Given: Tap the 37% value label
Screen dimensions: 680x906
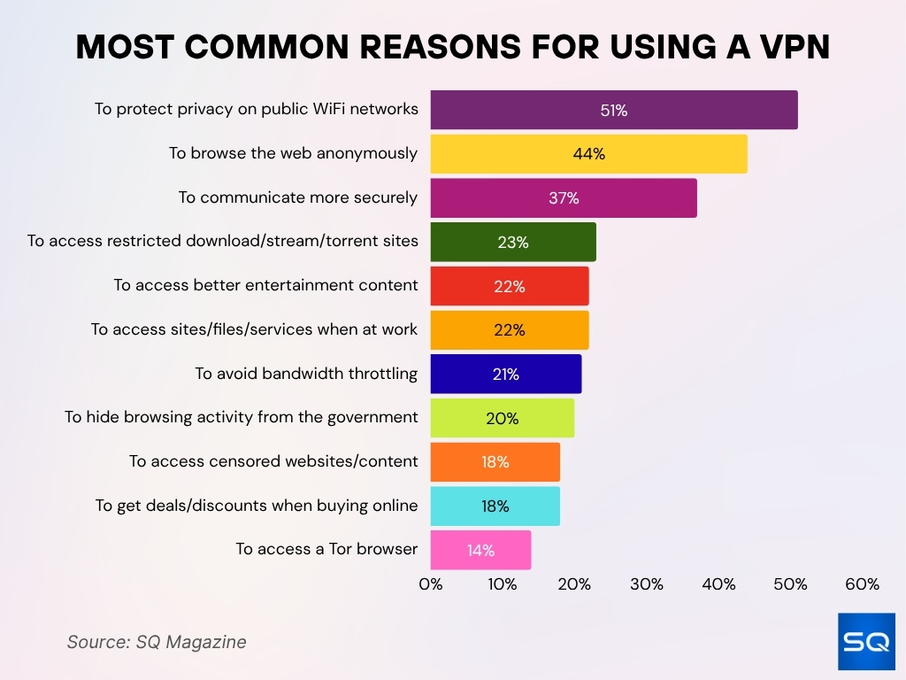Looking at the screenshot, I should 564,198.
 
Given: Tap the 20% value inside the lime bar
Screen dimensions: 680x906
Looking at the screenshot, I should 503,418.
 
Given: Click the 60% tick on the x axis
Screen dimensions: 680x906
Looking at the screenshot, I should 862,584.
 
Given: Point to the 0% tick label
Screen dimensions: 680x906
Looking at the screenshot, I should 431,584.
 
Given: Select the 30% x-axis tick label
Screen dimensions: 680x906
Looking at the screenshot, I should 647,584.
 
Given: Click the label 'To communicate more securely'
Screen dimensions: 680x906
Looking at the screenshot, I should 298,197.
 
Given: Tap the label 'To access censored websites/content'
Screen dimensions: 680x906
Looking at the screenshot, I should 273,461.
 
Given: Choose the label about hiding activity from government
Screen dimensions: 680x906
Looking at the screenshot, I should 241,417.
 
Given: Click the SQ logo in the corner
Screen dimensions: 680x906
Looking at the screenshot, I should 866,641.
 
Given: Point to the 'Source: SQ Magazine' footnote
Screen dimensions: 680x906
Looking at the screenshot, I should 157,642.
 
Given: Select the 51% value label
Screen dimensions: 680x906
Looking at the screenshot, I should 614,111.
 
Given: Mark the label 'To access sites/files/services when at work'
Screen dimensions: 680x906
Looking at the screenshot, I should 254,329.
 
